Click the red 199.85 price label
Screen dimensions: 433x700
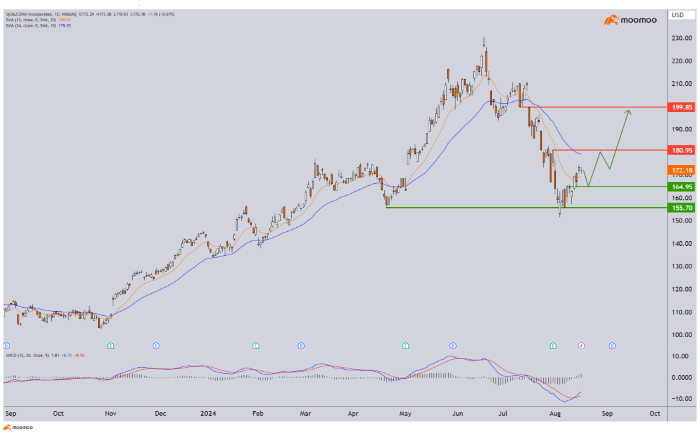coord(682,107)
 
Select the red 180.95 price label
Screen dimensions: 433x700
coord(682,150)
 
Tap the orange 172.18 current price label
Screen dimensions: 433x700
coord(682,171)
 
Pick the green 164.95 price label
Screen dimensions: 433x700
coord(682,187)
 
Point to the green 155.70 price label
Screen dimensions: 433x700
coord(682,208)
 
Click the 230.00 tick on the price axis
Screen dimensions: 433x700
coord(681,38)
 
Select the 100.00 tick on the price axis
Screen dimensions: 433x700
coord(681,334)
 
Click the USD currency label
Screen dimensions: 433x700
coord(677,15)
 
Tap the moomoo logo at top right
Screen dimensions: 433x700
coord(630,21)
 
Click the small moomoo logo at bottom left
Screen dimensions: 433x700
coord(19,427)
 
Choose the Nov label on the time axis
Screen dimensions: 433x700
coord(111,413)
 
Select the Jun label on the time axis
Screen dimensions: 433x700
coord(458,413)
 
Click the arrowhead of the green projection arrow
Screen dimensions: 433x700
coord(628,112)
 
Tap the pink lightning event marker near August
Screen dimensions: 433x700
coord(581,346)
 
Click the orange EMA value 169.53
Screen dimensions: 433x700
coord(65,20)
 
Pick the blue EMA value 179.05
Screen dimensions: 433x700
coord(65,25)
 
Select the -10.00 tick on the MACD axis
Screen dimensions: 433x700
coord(681,398)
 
